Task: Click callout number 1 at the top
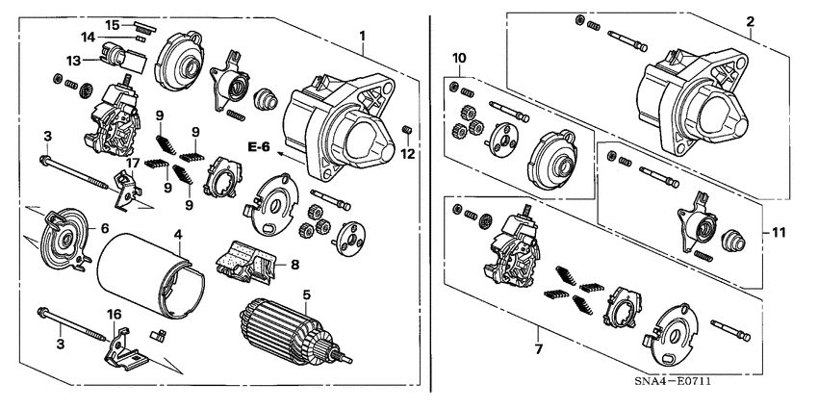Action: coord(363,37)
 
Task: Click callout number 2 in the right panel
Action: coord(751,21)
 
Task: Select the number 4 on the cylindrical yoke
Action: coord(177,234)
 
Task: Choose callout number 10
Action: coord(460,59)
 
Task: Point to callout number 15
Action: coord(113,24)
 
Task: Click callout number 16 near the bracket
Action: coord(114,314)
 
